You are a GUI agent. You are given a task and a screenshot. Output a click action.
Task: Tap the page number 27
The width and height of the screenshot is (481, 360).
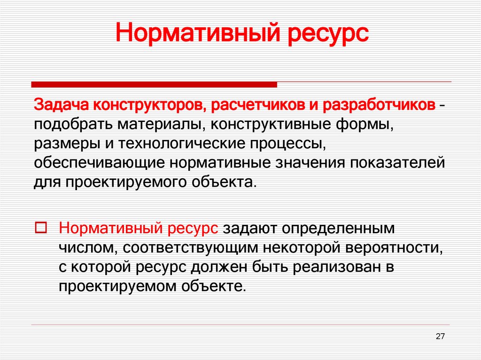tap(440, 336)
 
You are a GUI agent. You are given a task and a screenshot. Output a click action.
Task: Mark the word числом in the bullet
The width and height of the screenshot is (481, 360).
tap(85, 247)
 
